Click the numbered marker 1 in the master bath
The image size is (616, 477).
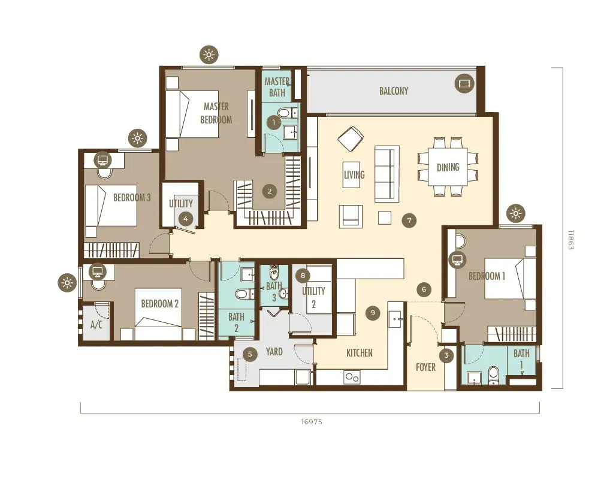click(274, 123)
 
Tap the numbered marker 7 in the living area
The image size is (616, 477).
click(409, 221)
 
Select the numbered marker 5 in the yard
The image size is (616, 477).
click(250, 354)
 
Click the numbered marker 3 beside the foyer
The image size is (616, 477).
click(446, 356)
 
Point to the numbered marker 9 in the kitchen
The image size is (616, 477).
click(373, 313)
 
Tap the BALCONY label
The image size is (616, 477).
click(394, 91)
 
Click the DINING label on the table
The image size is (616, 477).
click(448, 167)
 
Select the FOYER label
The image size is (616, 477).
click(426, 367)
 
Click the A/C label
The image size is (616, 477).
click(96, 325)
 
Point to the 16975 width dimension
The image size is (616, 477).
click(312, 422)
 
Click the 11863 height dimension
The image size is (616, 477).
click(571, 240)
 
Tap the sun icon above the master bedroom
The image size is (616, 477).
click(209, 55)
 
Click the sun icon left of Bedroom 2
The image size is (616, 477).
click(67, 283)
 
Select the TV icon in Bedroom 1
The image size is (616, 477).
click(457, 259)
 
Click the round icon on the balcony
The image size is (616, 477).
click(464, 84)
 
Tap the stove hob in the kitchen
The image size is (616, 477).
click(352, 378)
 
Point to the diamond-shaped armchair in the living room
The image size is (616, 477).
click(351, 138)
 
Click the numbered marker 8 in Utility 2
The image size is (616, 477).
click(303, 276)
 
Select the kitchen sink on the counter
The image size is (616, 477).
click(394, 319)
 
